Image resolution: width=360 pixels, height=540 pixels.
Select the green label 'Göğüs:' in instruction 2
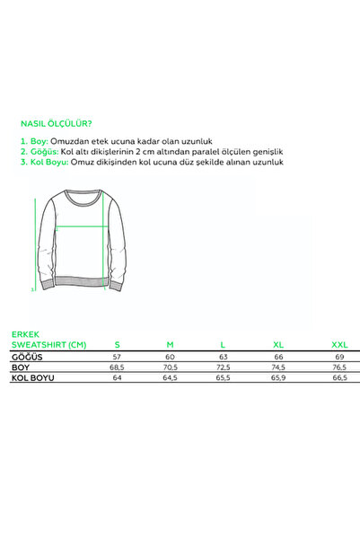coord(39,153)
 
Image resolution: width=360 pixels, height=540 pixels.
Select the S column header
coord(117,344)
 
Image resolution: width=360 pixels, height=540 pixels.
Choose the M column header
coord(170,344)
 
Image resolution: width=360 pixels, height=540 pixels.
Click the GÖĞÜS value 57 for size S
coord(117,357)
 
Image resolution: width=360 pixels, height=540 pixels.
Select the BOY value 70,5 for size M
coord(170,367)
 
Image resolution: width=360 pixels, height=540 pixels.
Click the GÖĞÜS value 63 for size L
coord(223,357)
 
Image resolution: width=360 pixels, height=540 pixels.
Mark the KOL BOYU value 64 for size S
coord(117,378)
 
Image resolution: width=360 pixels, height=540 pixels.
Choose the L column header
coord(223,344)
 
